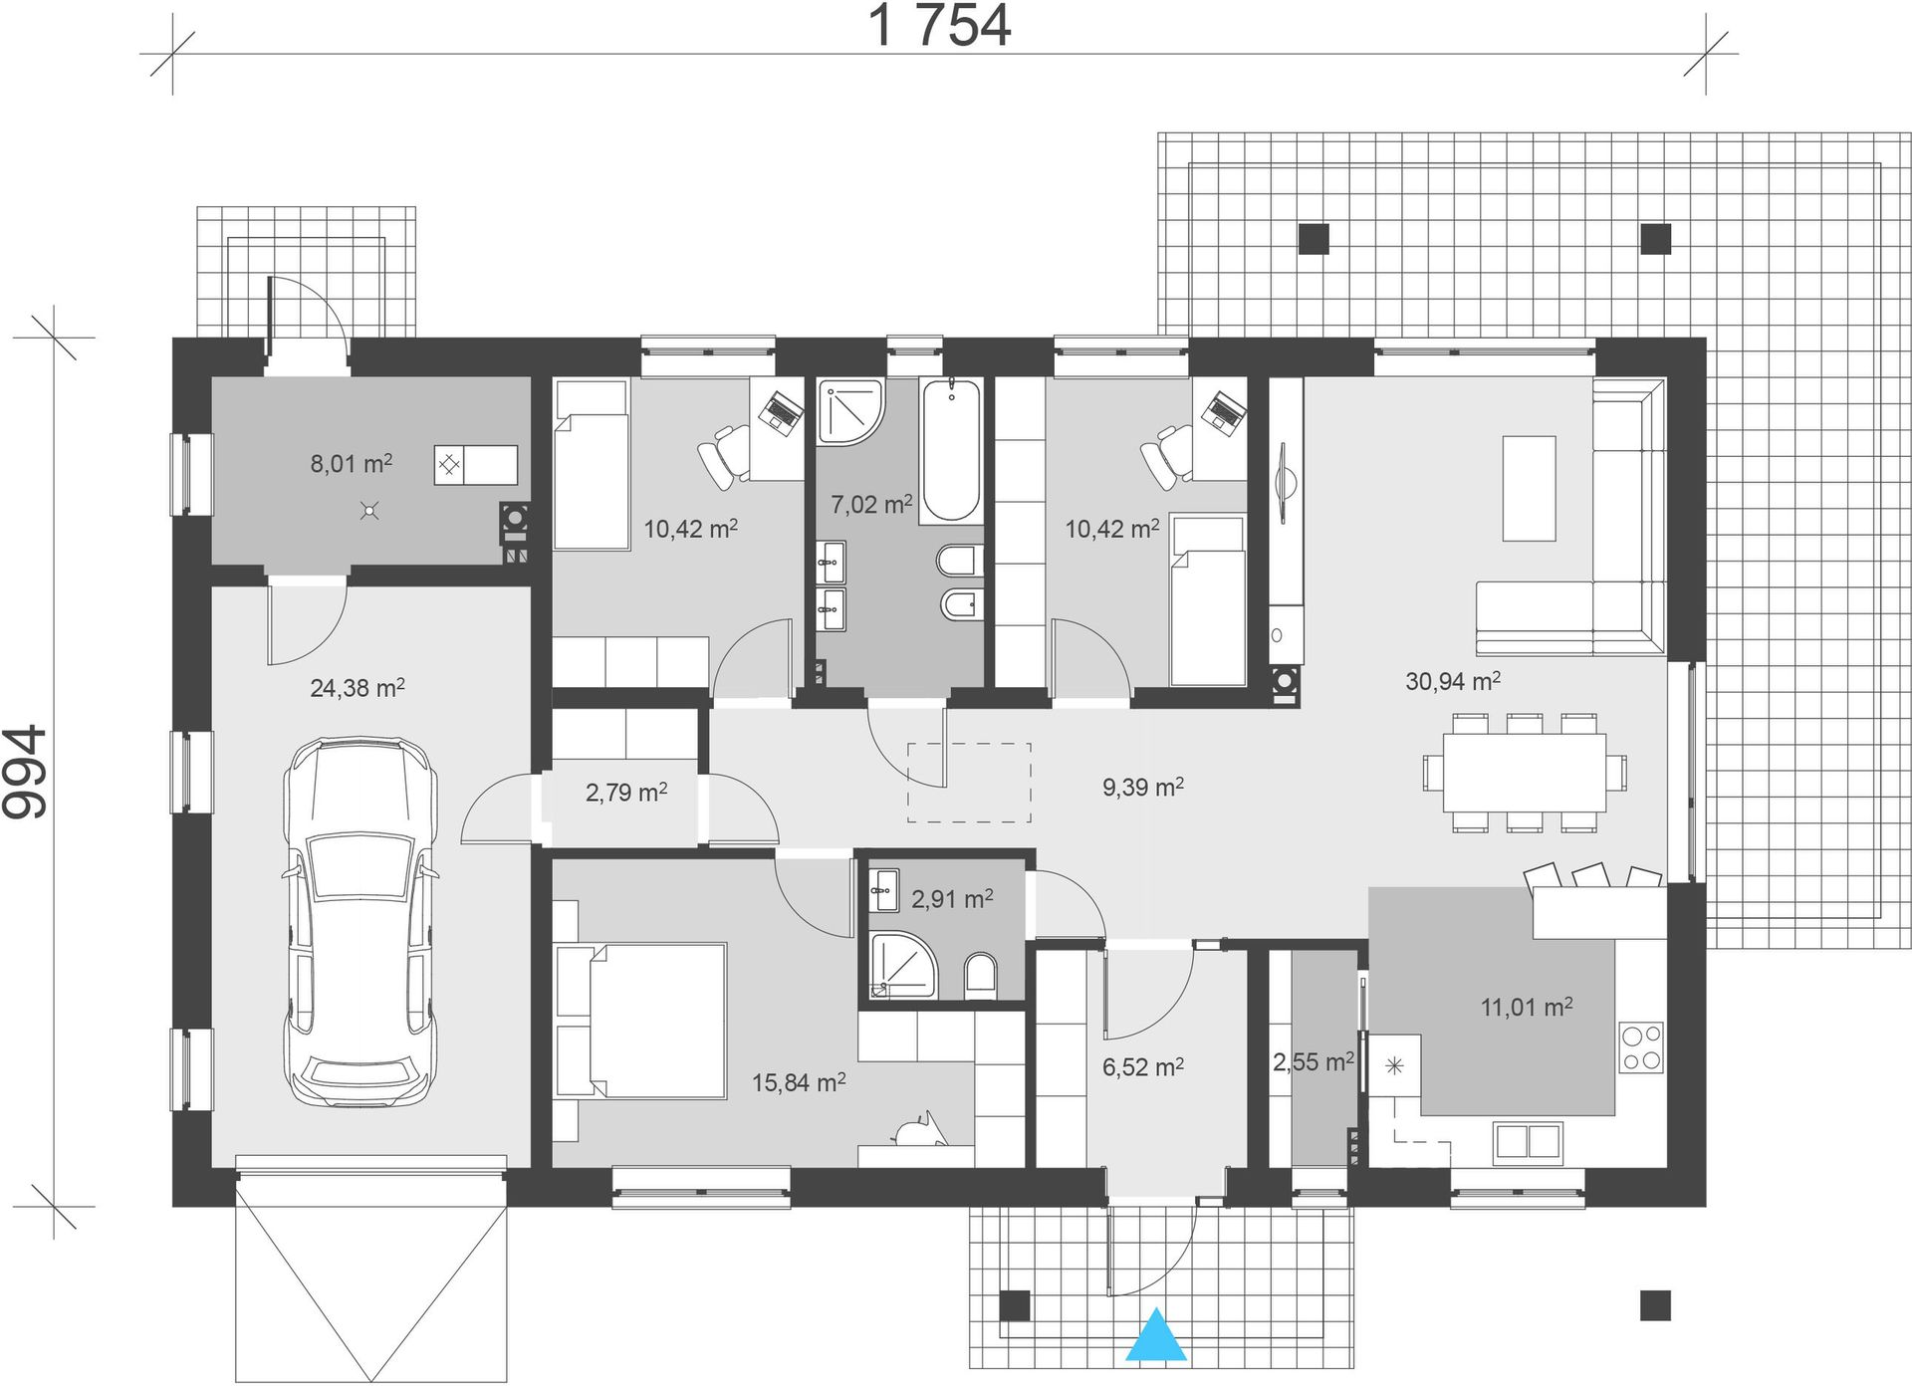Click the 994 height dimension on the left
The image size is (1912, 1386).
point(25,772)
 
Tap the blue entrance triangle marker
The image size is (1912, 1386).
point(1156,1334)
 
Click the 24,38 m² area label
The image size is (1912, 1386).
point(357,687)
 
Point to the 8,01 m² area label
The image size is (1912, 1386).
point(351,463)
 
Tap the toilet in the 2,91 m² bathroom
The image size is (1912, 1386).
point(981,976)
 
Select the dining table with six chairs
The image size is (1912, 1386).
point(1525,772)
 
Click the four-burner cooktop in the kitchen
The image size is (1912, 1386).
point(1641,1046)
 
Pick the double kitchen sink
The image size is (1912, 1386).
point(1527,1141)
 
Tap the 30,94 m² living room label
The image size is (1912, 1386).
point(1453,681)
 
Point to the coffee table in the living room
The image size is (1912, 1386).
point(1529,488)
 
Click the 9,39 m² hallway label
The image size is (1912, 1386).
point(1142,788)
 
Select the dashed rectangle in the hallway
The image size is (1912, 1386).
point(969,783)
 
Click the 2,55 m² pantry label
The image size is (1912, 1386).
point(1313,1062)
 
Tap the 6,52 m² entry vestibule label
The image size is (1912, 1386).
point(1142,1067)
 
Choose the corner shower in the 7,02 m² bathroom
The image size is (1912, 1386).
point(849,410)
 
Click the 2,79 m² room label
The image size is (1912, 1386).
point(625,793)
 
